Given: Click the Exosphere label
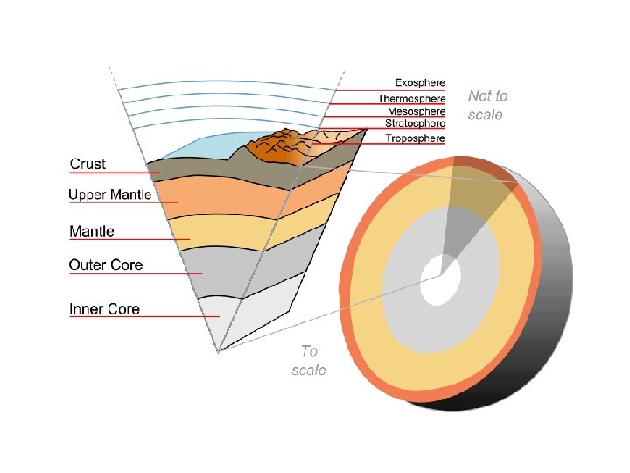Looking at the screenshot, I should click(x=419, y=83).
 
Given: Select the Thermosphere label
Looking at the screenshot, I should click(x=411, y=98).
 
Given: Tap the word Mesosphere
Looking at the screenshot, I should click(x=416, y=111).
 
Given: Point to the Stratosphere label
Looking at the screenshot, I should click(x=415, y=124).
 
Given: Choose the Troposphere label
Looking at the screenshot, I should click(x=415, y=138).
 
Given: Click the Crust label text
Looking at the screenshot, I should click(x=87, y=164).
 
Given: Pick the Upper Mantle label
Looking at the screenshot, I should click(x=110, y=195).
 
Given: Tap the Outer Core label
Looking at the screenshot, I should click(x=106, y=265).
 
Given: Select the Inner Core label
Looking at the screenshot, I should click(x=105, y=308).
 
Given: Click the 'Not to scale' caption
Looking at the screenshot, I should click(x=487, y=105).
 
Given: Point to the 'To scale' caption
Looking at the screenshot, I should click(x=309, y=361).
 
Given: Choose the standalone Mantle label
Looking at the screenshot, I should click(x=92, y=231).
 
